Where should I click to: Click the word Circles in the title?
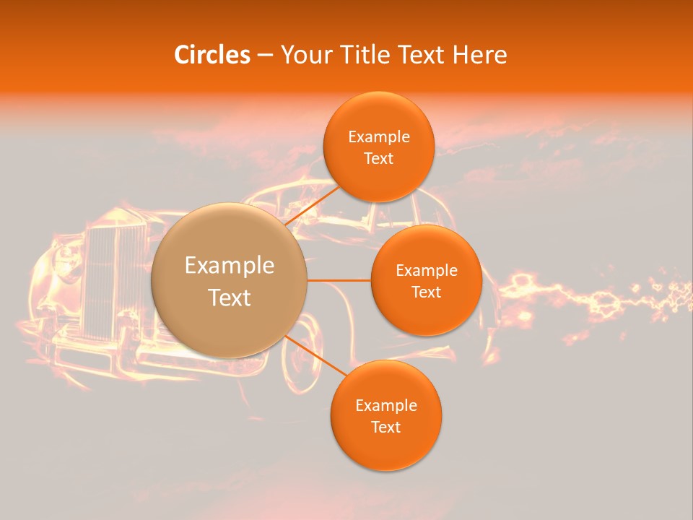[x=212, y=55]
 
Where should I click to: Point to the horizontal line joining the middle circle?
[x=339, y=280]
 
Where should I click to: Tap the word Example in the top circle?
[x=379, y=137]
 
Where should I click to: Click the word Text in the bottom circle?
[x=385, y=428]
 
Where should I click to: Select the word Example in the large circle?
[x=229, y=266]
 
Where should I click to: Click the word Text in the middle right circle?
[x=426, y=292]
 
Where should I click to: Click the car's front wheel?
[x=303, y=354]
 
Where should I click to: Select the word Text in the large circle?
[x=229, y=298]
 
